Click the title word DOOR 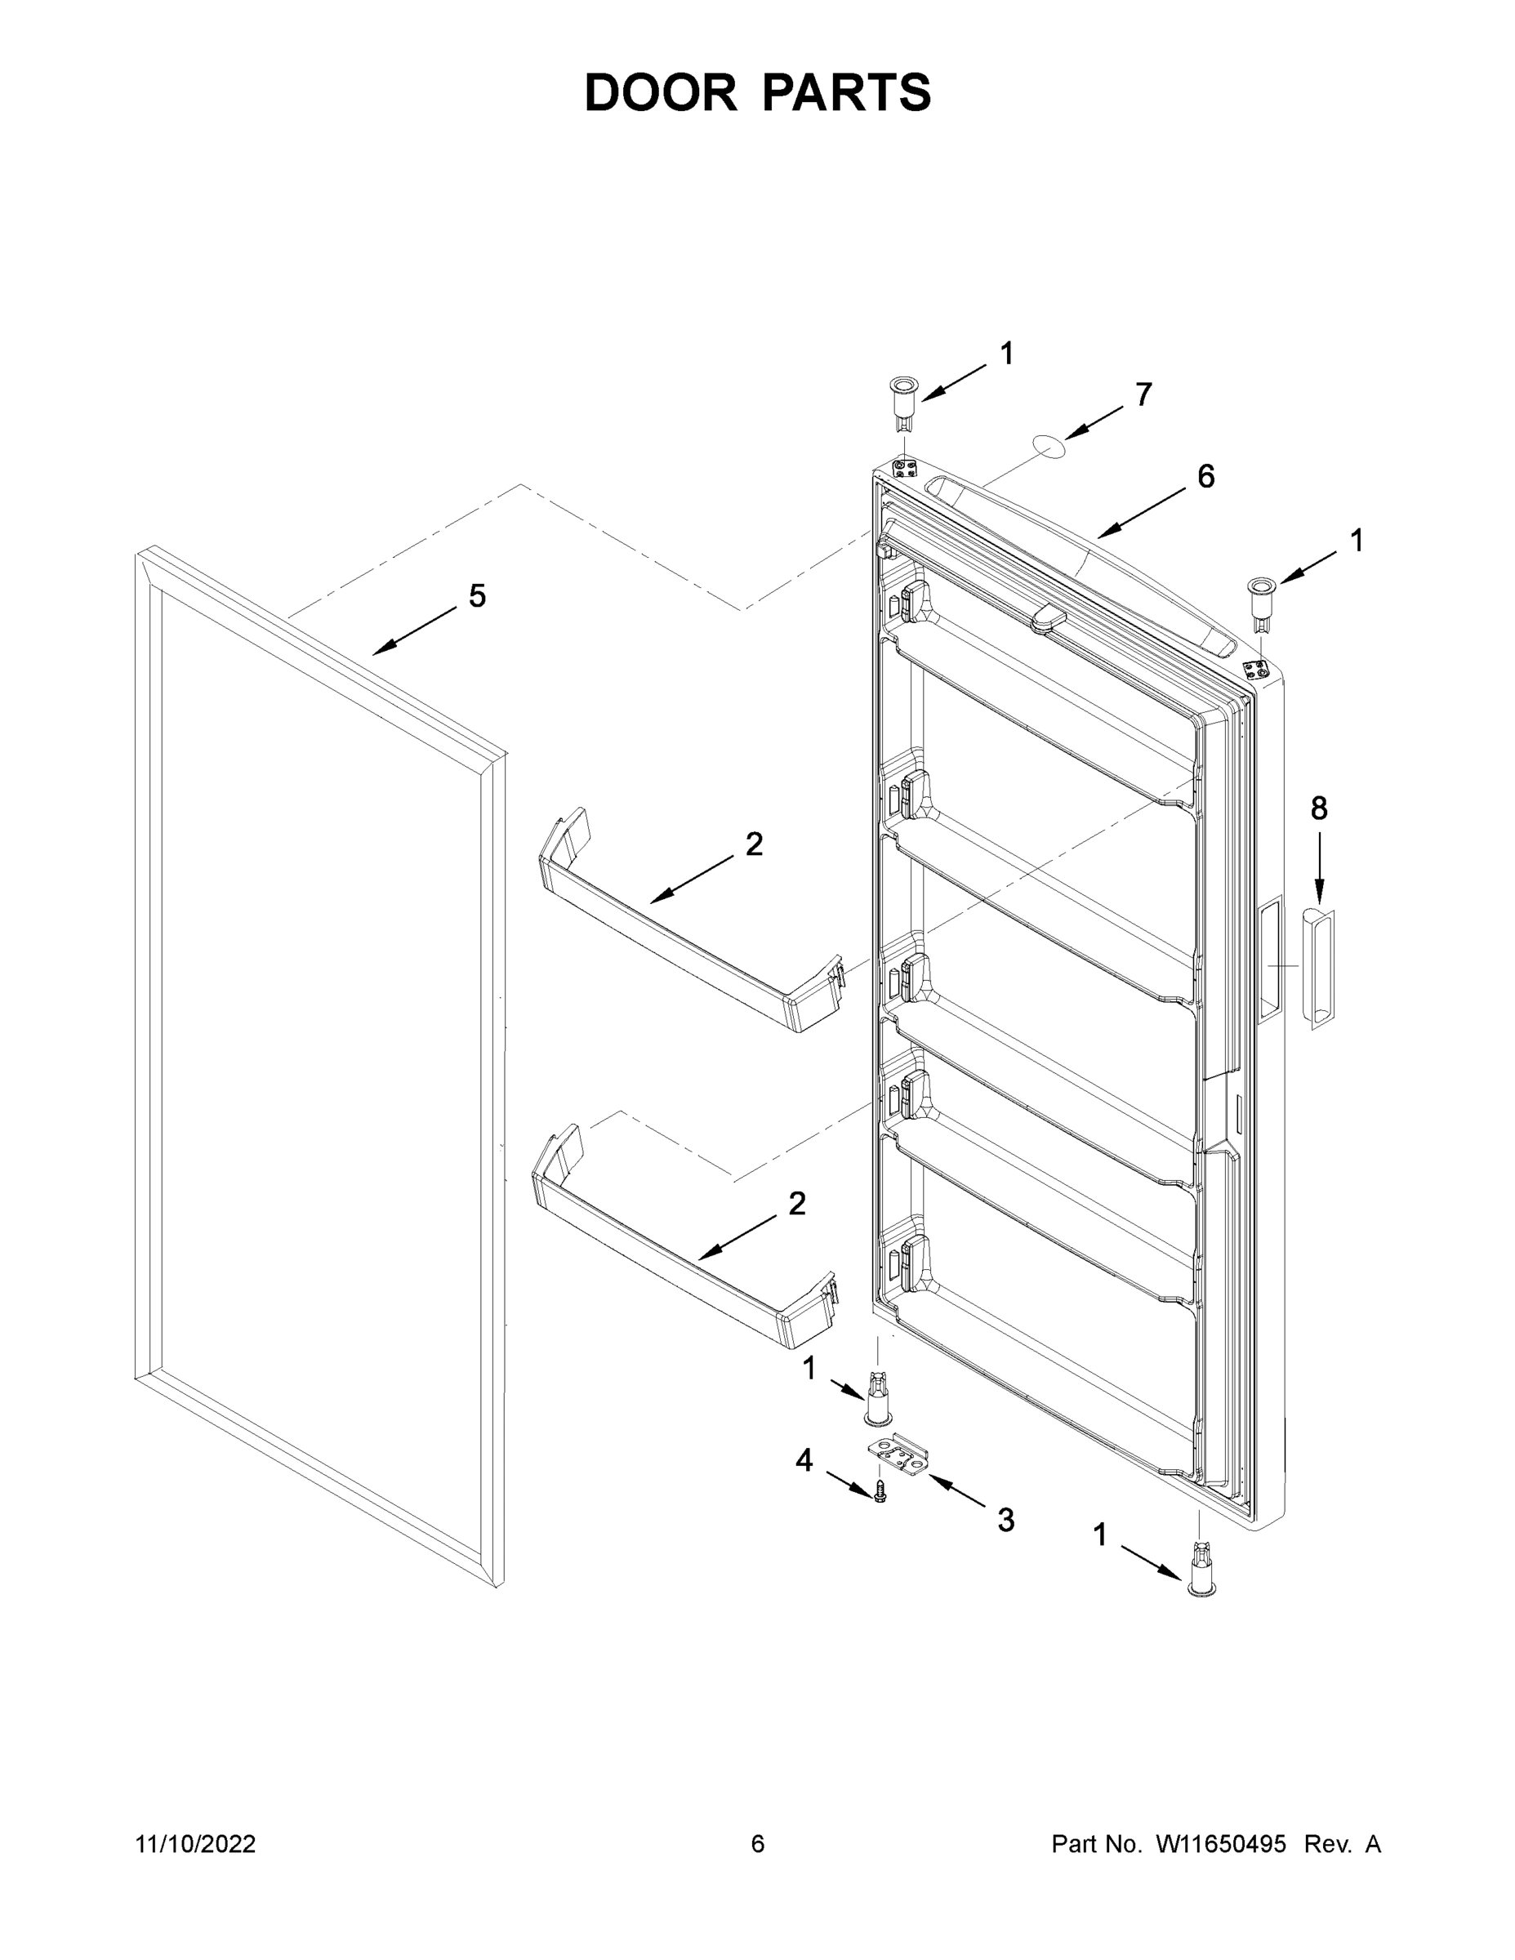tap(660, 92)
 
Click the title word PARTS tap(847, 92)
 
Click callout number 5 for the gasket tap(478, 596)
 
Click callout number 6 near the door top tap(1205, 477)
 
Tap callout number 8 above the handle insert tap(1318, 808)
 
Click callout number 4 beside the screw tap(804, 1460)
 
